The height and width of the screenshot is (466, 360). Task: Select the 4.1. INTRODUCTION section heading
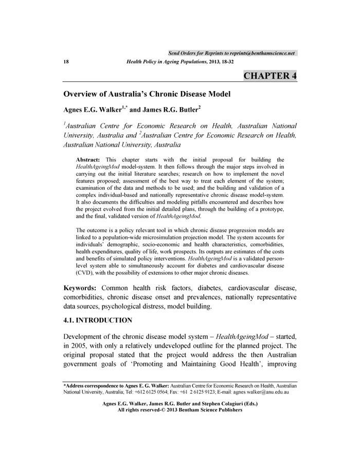(x=98, y=320)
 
